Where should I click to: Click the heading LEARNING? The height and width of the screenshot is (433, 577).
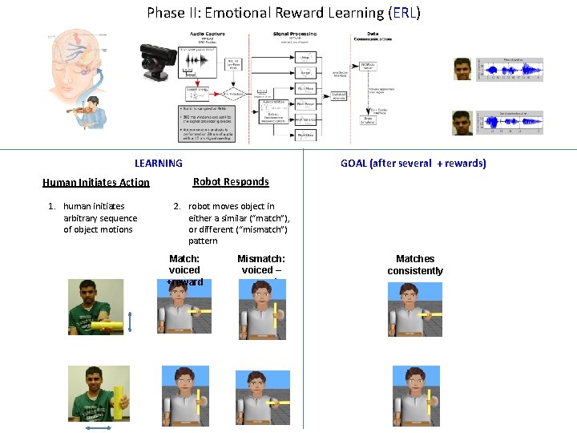click(158, 164)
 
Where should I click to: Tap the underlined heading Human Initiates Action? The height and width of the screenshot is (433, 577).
click(95, 183)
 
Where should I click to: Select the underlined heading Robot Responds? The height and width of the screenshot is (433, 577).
click(231, 182)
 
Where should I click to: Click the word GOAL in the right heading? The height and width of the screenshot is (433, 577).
click(353, 164)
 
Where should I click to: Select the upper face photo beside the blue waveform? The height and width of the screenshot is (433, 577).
click(463, 69)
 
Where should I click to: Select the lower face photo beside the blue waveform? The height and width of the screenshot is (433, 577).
click(463, 122)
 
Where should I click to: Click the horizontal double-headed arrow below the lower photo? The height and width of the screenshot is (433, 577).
click(99, 429)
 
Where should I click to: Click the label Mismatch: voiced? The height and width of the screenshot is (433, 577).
click(260, 265)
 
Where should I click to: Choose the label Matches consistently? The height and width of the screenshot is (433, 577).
click(415, 265)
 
